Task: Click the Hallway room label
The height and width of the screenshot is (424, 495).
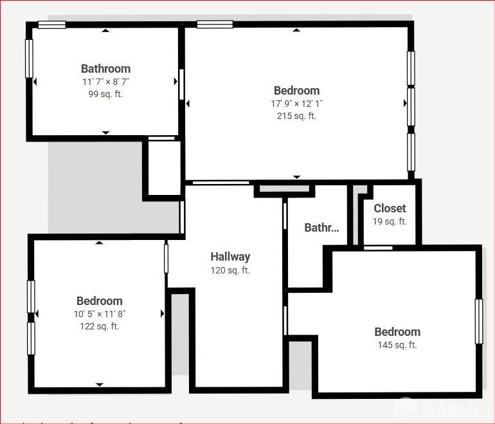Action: pyautogui.click(x=230, y=257)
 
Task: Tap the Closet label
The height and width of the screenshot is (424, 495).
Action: pyautogui.click(x=390, y=208)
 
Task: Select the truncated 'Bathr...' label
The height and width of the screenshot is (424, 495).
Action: pyautogui.click(x=321, y=228)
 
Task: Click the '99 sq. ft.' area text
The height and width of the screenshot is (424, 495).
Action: pyautogui.click(x=105, y=94)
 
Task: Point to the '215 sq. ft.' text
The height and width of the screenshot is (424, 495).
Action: pyautogui.click(x=296, y=116)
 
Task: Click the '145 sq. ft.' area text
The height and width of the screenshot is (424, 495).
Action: pyautogui.click(x=397, y=345)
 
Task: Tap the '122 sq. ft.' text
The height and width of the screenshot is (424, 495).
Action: pyautogui.click(x=99, y=326)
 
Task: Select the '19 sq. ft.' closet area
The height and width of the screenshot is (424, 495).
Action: pyautogui.click(x=390, y=221)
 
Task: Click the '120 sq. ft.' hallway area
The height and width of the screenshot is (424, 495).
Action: pyautogui.click(x=230, y=270)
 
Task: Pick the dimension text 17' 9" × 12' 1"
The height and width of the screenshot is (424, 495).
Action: pyautogui.click(x=296, y=103)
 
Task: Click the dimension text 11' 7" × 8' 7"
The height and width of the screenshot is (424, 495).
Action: pyautogui.click(x=105, y=82)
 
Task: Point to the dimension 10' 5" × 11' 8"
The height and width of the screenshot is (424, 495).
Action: pyautogui.click(x=99, y=313)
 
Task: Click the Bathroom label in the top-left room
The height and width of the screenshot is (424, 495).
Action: pyautogui.click(x=105, y=69)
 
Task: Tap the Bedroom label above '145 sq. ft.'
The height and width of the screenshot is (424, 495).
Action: pyautogui.click(x=397, y=332)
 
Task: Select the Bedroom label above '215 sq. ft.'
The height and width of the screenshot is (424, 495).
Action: pyautogui.click(x=296, y=91)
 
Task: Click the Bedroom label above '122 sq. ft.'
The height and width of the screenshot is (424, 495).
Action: pyautogui.click(x=99, y=301)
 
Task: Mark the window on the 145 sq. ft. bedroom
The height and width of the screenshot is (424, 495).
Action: pyautogui.click(x=478, y=321)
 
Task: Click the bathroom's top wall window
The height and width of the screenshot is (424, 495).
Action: pyautogui.click(x=51, y=25)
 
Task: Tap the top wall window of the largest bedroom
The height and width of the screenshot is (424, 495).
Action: pyautogui.click(x=215, y=25)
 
